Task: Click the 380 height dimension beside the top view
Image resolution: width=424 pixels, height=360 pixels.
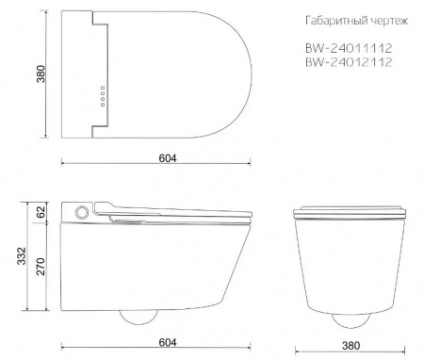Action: click(x=41, y=74)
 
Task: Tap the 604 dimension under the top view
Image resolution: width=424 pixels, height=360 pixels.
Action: click(x=168, y=158)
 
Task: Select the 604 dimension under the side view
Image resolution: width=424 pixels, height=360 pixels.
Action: click(x=168, y=342)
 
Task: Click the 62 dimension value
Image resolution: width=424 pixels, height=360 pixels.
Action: click(x=41, y=212)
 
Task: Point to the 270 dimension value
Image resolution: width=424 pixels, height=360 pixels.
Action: click(x=41, y=267)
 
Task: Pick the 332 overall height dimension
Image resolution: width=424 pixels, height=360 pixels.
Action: click(x=22, y=256)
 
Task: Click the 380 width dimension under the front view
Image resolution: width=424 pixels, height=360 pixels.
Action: click(x=351, y=346)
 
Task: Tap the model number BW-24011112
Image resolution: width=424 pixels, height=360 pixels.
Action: click(x=349, y=48)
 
